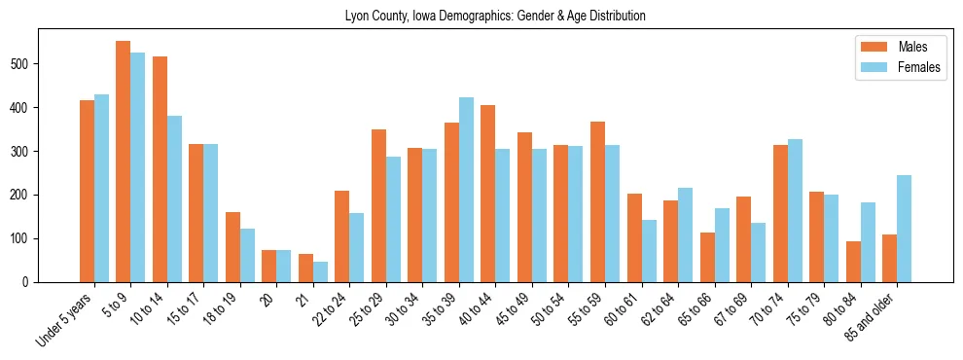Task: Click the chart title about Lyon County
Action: tap(495, 17)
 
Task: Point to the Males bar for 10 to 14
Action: tap(160, 169)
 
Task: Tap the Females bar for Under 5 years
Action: tap(101, 188)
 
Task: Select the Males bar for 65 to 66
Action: tap(707, 257)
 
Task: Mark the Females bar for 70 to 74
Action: tap(795, 211)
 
